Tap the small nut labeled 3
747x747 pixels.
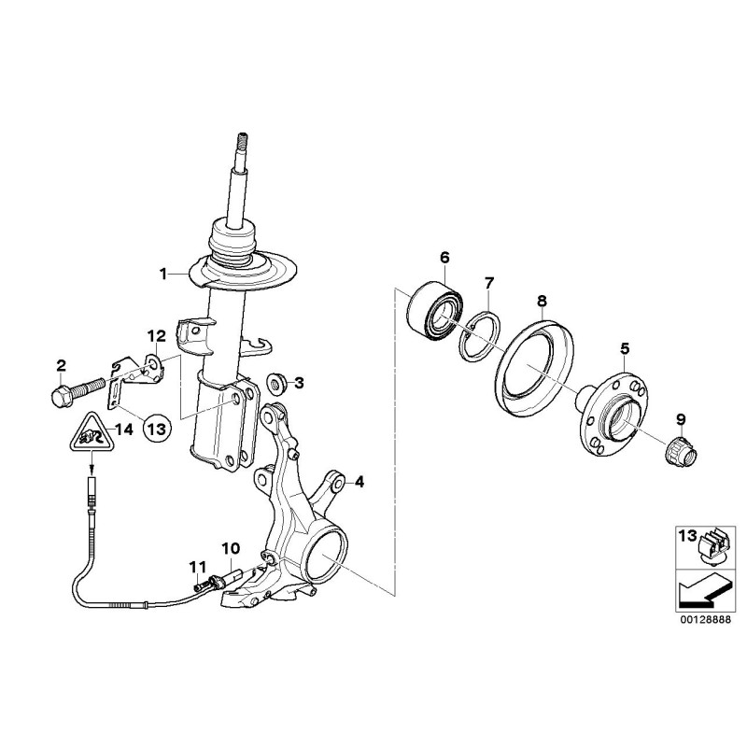[x=275, y=384]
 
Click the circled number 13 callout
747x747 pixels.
[x=157, y=430]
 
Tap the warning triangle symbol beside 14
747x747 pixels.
[x=90, y=433]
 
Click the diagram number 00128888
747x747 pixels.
[x=705, y=622]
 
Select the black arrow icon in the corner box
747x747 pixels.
[x=703, y=590]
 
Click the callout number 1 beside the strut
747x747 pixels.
[x=163, y=275]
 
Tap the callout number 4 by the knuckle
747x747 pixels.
[x=359, y=482]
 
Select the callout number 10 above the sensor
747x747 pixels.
[x=231, y=549]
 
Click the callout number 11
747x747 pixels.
[x=198, y=567]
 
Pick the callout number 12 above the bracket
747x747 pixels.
[x=156, y=336]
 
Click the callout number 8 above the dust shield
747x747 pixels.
[x=542, y=301]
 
